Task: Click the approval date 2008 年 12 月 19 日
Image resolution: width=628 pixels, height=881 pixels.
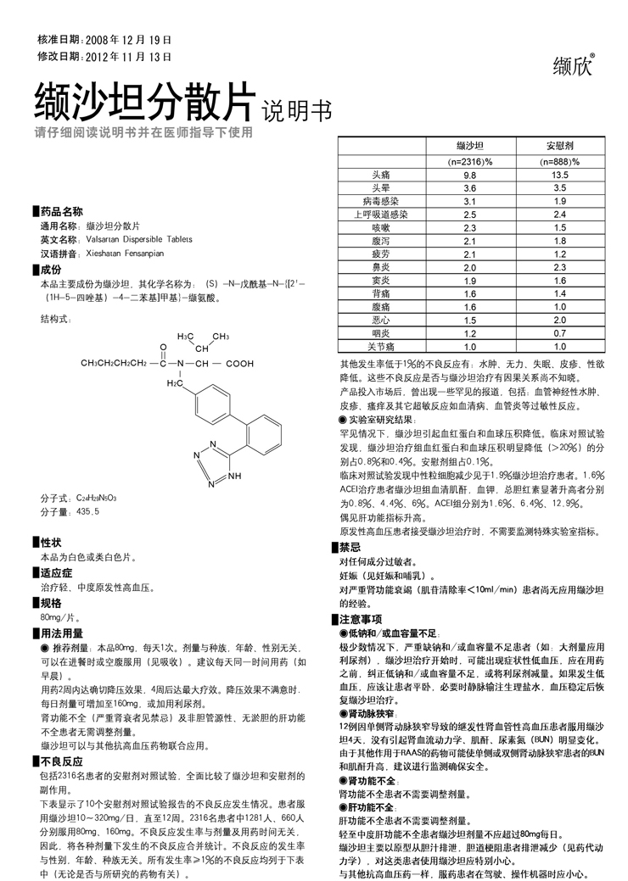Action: [128, 40]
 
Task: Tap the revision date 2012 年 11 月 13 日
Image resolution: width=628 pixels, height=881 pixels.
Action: [128, 57]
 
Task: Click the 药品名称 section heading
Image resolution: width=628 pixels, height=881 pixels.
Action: [62, 211]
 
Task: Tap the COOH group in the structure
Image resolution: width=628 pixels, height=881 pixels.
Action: [239, 363]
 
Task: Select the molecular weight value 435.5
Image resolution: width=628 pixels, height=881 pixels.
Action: [88, 512]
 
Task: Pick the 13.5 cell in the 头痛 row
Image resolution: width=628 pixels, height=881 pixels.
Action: [560, 174]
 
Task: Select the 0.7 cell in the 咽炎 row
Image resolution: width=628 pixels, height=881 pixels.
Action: [560, 334]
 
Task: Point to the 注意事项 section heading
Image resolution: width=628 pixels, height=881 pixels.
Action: [360, 620]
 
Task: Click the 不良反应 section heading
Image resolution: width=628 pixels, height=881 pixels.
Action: [61, 761]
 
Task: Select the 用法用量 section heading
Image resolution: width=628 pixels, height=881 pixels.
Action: [61, 633]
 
